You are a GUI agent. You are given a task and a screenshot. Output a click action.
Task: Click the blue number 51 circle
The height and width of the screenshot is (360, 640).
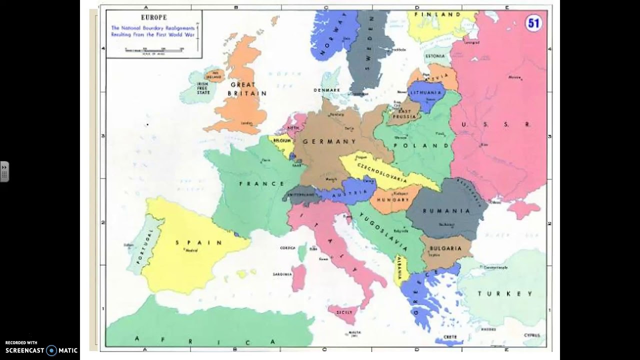pyautogui.click(x=533, y=23)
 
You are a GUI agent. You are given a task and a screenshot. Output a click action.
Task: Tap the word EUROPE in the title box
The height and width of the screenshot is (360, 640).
pyautogui.click(x=154, y=17)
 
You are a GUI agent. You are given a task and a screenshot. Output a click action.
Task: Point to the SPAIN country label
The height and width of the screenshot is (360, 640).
pyautogui.click(x=198, y=242)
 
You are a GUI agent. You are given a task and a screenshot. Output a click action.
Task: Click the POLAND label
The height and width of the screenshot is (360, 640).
pyautogui.click(x=428, y=145)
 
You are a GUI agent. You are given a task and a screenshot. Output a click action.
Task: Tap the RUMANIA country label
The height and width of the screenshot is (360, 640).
pyautogui.click(x=446, y=210)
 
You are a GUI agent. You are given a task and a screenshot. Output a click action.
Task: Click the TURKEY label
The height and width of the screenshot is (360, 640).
pyautogui.click(x=505, y=293)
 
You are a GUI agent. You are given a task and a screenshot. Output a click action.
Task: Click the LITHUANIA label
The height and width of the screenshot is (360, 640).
pyautogui.click(x=426, y=92)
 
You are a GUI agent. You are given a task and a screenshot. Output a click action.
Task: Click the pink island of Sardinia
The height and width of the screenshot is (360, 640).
pyautogui.click(x=299, y=278)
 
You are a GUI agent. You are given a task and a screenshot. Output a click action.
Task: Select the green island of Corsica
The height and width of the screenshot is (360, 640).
pyautogui.click(x=302, y=252)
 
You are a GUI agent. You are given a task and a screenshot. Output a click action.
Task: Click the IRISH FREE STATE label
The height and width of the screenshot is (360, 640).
pyautogui.click(x=202, y=88)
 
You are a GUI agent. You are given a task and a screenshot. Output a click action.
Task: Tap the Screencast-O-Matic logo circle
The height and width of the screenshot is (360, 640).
pyautogui.click(x=51, y=350)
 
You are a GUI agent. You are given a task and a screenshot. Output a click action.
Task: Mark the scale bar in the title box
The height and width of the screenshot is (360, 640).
pyautogui.click(x=154, y=49)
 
